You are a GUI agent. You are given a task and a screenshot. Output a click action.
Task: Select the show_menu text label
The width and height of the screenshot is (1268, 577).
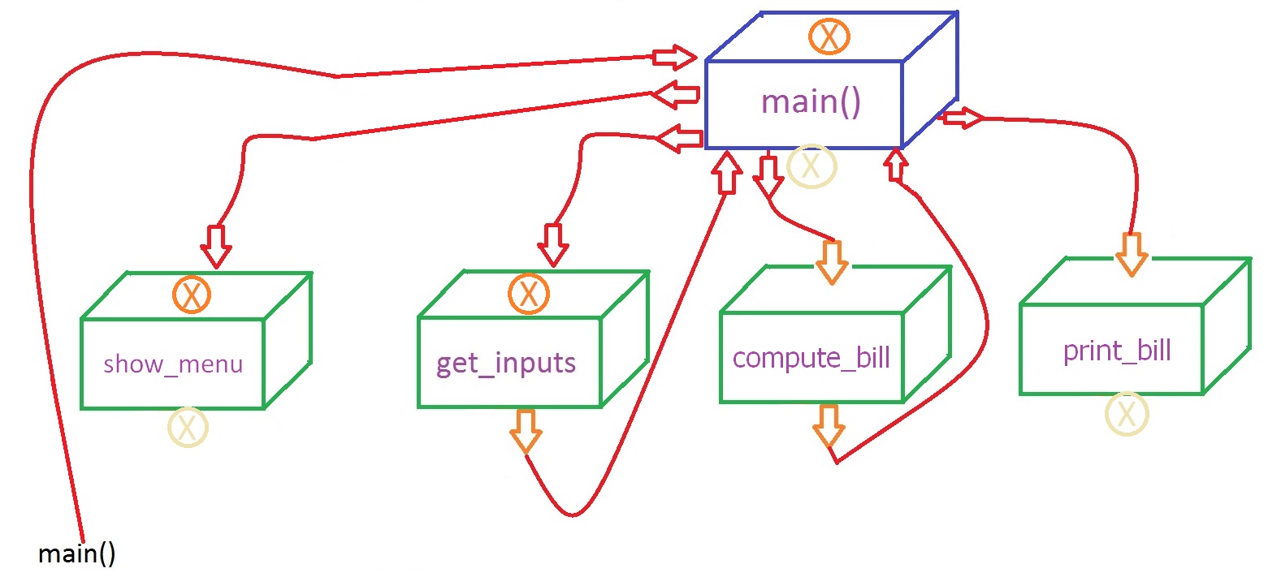click(173, 364)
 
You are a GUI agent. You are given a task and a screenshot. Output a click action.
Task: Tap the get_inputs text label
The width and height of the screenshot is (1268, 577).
click(506, 362)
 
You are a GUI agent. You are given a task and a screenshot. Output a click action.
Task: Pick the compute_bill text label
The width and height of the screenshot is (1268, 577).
click(811, 357)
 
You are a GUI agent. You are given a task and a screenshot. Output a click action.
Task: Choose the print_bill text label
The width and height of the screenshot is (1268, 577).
click(1117, 351)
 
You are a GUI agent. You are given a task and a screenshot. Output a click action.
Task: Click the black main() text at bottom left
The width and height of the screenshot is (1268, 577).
click(77, 554)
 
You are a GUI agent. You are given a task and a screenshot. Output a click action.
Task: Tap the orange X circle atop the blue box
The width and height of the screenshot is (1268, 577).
click(829, 36)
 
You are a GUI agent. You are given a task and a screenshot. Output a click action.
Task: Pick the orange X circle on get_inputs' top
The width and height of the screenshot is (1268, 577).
click(529, 294)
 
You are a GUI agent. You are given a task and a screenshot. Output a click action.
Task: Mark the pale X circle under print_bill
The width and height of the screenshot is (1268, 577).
click(1127, 414)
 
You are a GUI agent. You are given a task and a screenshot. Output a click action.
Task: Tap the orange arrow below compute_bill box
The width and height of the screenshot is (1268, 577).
click(828, 425)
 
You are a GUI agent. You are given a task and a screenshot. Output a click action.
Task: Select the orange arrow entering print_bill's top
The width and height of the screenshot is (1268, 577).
click(1131, 253)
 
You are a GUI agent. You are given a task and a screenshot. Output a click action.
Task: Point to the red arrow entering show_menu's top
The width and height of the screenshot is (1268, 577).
click(216, 246)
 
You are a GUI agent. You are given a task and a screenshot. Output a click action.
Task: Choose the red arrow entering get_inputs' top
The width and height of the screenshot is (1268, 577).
click(553, 244)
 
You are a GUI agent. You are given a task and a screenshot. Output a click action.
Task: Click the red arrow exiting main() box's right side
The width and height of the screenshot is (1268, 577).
click(960, 118)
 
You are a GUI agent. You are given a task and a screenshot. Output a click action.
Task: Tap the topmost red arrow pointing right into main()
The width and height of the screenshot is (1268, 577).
click(674, 57)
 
